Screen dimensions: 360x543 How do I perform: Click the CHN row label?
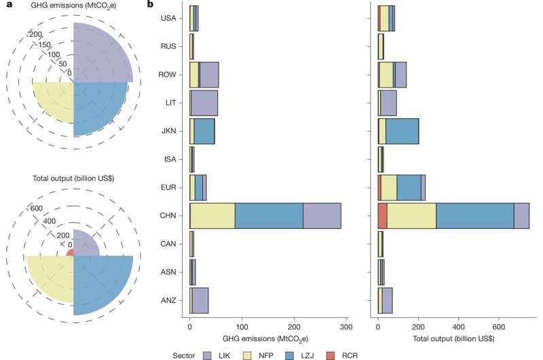tap(168, 215)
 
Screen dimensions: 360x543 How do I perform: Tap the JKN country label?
tap(168, 131)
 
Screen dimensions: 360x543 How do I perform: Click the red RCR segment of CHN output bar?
tap(383, 215)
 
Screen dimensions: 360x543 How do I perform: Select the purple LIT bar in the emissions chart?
tap(204, 103)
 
